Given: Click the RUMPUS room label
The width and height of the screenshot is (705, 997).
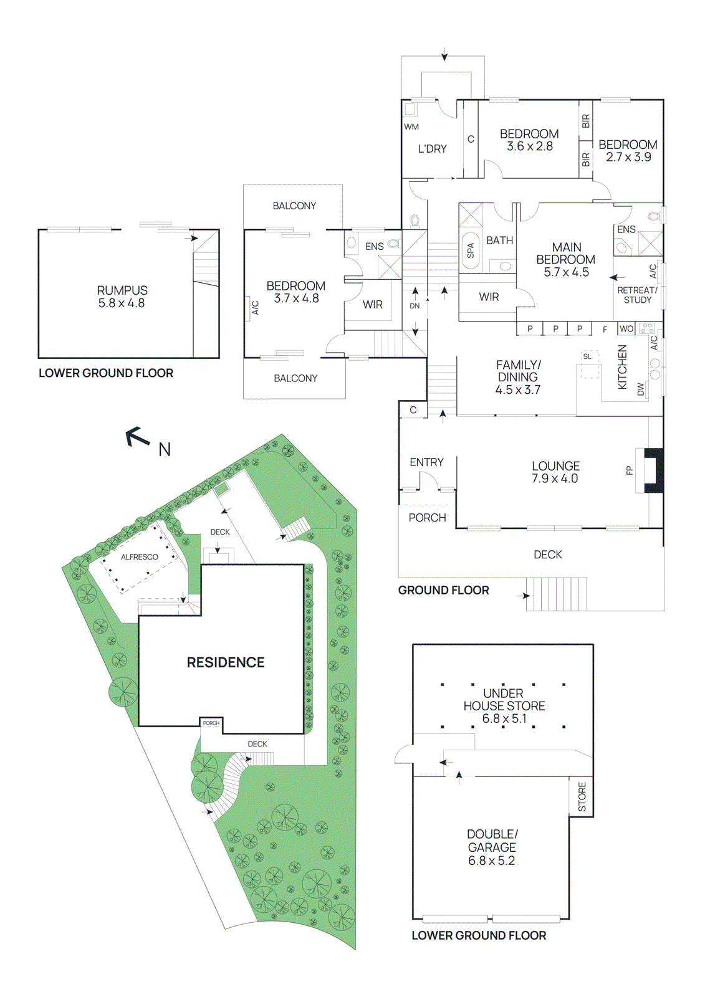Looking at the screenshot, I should click(122, 290).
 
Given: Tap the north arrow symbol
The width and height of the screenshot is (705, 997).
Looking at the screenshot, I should click(138, 437).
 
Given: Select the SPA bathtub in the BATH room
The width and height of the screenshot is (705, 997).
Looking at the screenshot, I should click(470, 250).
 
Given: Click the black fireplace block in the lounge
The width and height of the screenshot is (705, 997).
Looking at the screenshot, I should click(653, 470).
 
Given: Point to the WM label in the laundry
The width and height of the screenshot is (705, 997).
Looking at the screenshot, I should click(411, 126).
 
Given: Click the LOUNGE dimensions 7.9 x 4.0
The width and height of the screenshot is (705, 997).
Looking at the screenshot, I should click(555, 479).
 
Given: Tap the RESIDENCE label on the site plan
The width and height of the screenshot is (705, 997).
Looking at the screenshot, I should click(226, 662).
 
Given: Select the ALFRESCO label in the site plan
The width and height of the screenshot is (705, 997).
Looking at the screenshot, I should click(139, 557).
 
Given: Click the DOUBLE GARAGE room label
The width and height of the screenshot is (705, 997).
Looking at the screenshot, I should click(492, 841).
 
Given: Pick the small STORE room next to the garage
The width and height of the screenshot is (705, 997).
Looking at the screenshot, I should click(582, 797).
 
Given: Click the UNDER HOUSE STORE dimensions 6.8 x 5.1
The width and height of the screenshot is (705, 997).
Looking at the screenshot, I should click(504, 718).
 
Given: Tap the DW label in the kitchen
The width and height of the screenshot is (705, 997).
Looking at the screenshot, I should click(640, 389).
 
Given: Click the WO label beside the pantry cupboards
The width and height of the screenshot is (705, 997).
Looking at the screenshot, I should click(626, 329).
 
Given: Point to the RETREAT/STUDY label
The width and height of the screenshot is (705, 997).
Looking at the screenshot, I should click(637, 295).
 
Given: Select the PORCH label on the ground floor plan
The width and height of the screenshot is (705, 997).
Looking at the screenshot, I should click(427, 518).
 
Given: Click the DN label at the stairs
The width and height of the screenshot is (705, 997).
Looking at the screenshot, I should click(415, 306).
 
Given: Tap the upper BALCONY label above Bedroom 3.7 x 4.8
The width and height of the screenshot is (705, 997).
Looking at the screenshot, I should click(294, 206).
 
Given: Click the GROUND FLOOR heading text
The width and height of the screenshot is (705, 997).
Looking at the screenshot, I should click(443, 590).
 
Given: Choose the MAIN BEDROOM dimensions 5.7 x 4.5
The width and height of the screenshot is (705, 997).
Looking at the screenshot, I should click(566, 272).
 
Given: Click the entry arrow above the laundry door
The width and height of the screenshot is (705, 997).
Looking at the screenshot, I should click(444, 55).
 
